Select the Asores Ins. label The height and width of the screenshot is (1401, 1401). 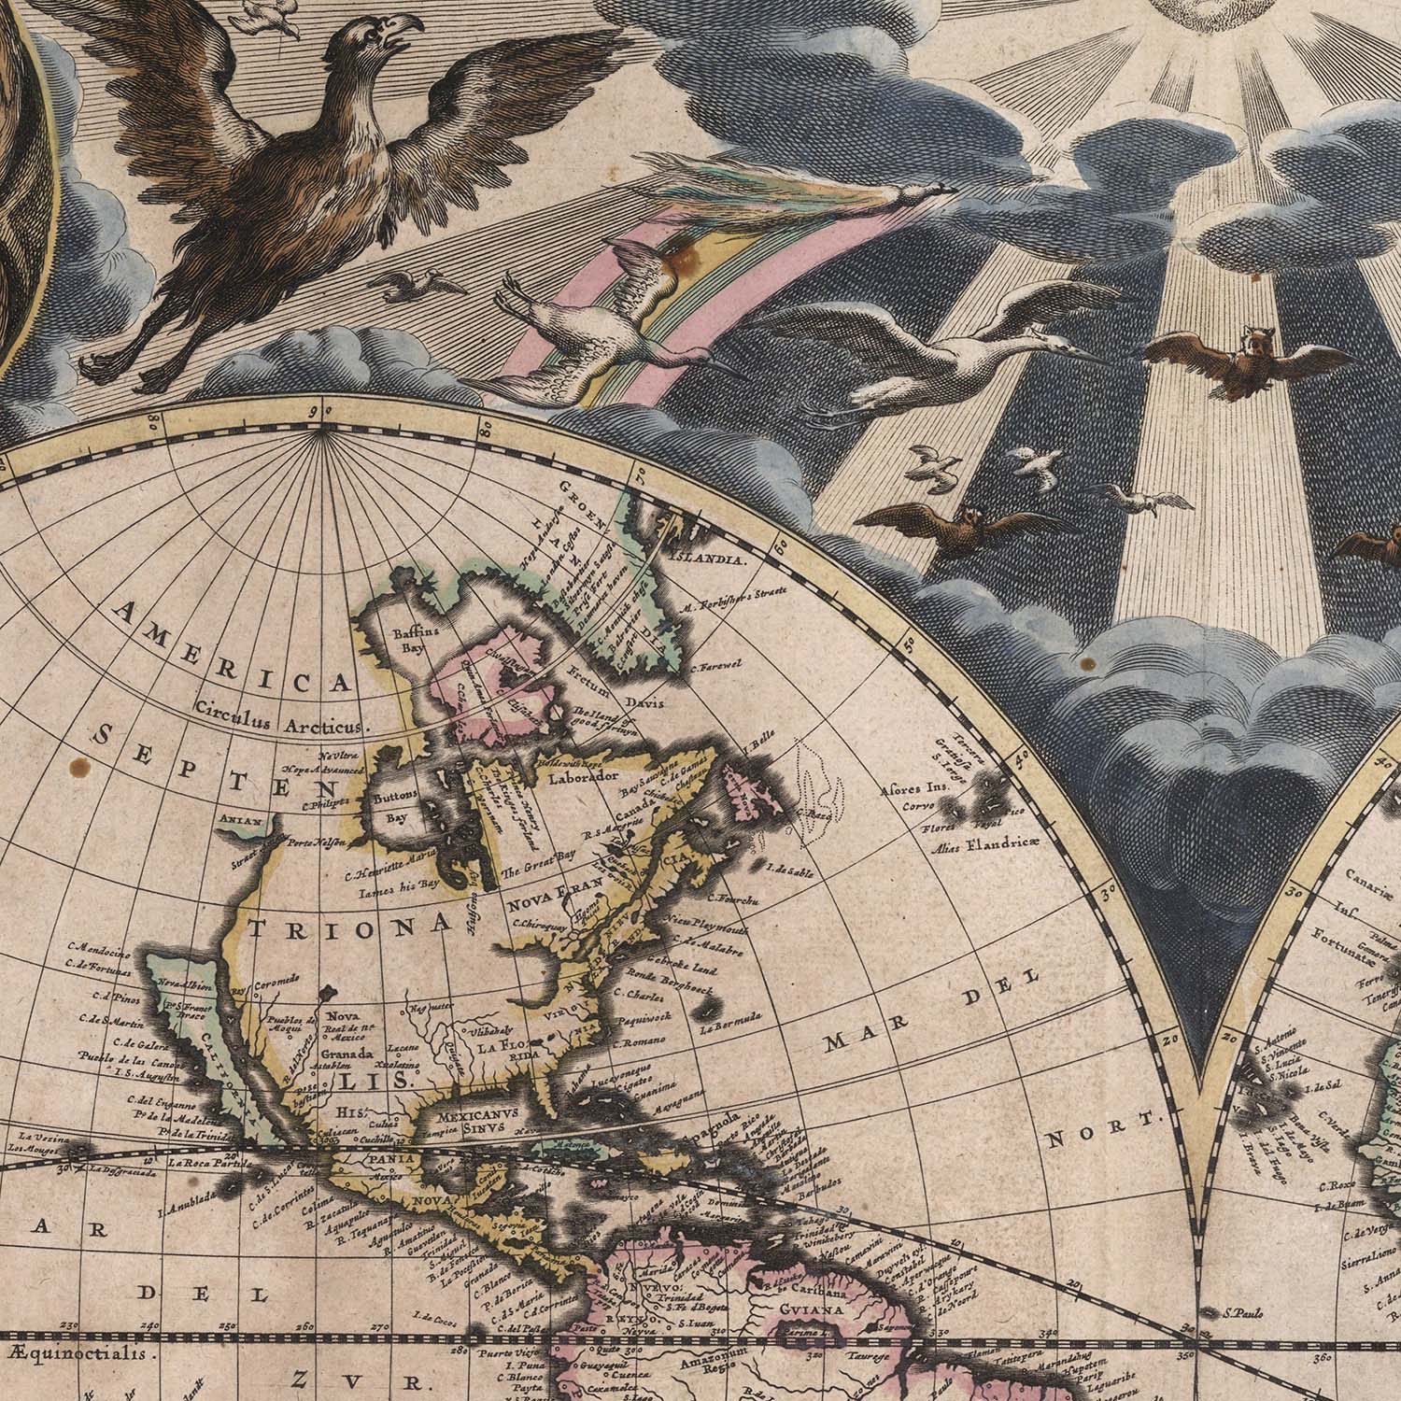pos(913,786)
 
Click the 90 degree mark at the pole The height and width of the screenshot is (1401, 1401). pos(322,409)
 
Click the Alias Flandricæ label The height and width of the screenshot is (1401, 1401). pos(978,849)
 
